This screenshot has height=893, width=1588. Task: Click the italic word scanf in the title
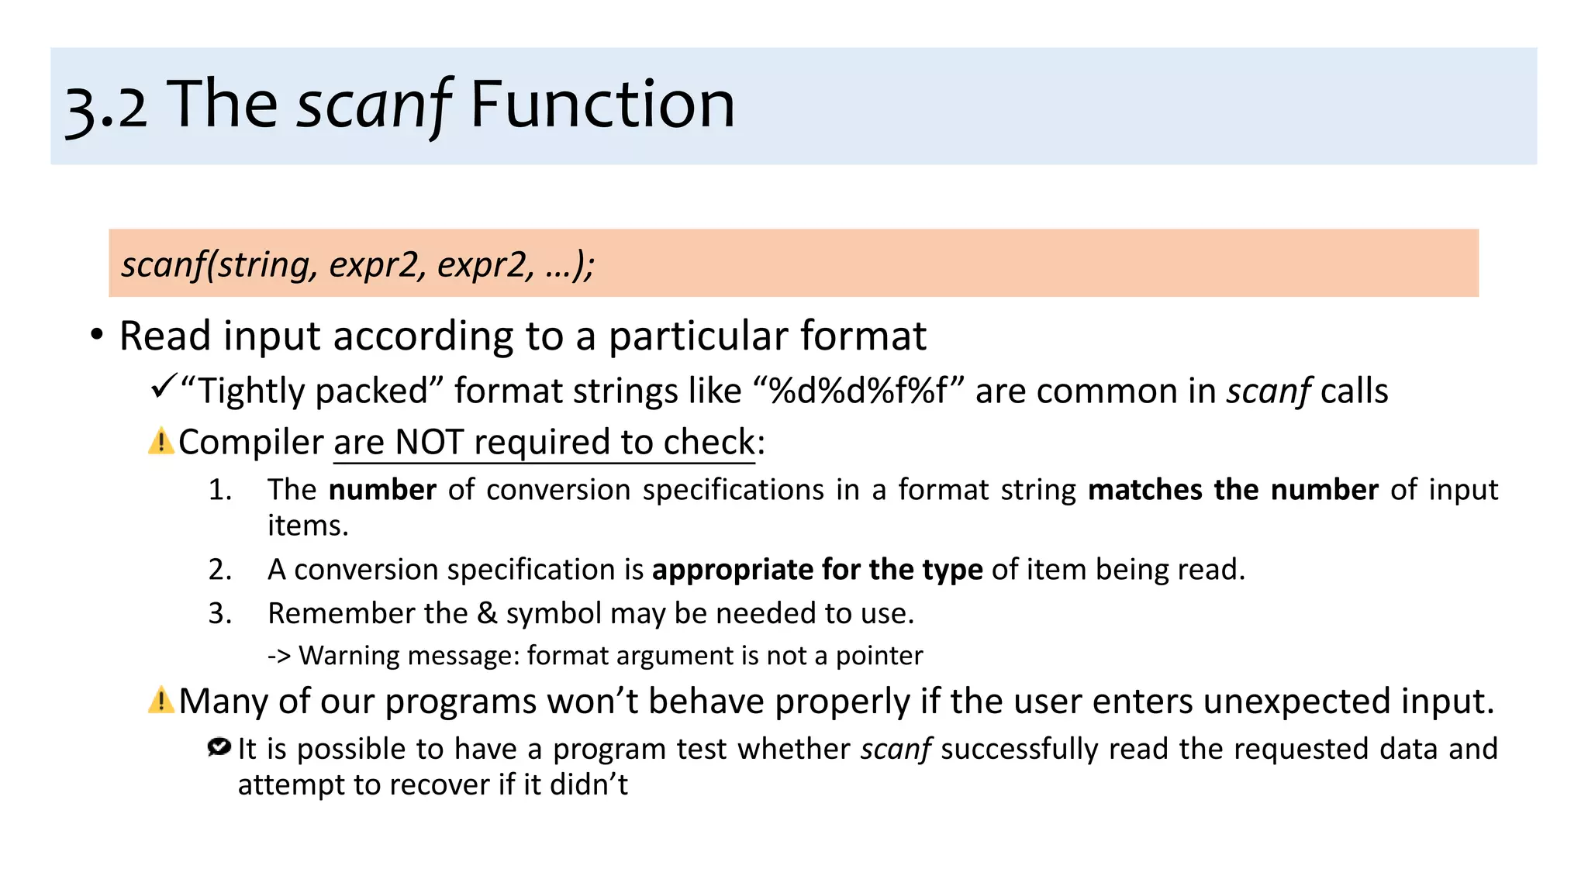(x=374, y=105)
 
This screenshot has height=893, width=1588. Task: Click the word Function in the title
(x=602, y=105)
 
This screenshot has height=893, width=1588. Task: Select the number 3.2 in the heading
(x=106, y=107)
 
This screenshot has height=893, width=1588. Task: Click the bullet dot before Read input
(x=96, y=336)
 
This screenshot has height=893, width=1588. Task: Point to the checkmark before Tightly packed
(x=164, y=385)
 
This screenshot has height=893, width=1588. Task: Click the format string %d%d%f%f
(x=858, y=391)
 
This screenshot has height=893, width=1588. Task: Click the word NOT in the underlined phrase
(x=429, y=442)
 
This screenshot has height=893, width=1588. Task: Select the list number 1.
(x=220, y=490)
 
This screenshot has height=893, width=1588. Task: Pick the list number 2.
(x=220, y=570)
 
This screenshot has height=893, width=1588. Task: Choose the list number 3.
(x=220, y=613)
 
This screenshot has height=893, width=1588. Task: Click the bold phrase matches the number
(x=1232, y=490)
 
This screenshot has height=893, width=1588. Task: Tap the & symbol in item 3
(x=487, y=613)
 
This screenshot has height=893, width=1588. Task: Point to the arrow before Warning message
(x=279, y=656)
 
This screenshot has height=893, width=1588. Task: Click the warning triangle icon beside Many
(x=161, y=700)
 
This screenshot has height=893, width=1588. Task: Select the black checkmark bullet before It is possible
(x=219, y=747)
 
